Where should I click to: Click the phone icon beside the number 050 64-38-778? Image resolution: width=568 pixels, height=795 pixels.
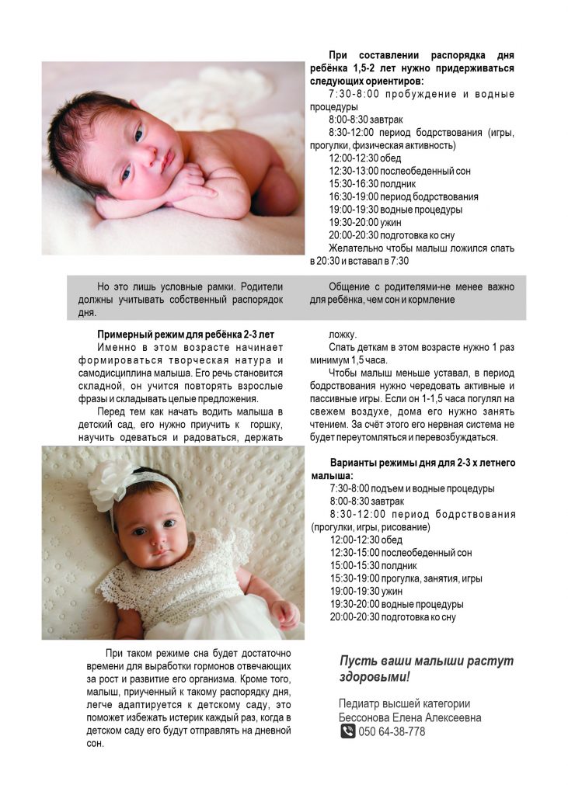click(x=347, y=731)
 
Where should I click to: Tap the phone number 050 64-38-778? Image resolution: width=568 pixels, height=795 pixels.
click(x=392, y=731)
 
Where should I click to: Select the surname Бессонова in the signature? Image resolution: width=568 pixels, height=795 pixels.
click(x=370, y=718)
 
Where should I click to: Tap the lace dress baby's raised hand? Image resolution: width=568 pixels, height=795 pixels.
click(x=284, y=614)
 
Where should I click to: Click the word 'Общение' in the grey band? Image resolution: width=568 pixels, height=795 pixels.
click(x=350, y=286)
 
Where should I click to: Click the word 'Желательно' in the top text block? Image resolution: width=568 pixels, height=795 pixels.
click(x=358, y=248)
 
